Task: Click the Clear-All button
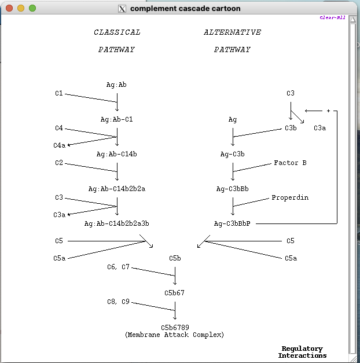tap(332, 17)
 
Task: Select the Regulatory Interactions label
tap(302, 352)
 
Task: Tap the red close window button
tap(9, 8)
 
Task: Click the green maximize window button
tap(32, 8)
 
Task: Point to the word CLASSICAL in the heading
tap(117, 32)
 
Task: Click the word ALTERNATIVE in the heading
tap(232, 32)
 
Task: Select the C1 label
tap(59, 93)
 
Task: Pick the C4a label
tap(59, 145)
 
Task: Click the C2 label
tap(59, 163)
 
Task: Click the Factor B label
tap(290, 163)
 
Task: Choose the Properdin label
tap(290, 197)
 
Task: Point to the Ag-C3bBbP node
tap(232, 223)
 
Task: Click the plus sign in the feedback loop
tap(328, 111)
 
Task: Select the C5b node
tap(175, 258)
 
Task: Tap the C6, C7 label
tap(118, 267)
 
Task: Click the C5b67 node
tap(174, 293)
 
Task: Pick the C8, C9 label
tap(118, 302)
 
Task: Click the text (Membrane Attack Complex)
tap(174, 335)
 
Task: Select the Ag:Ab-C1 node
tap(116, 119)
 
